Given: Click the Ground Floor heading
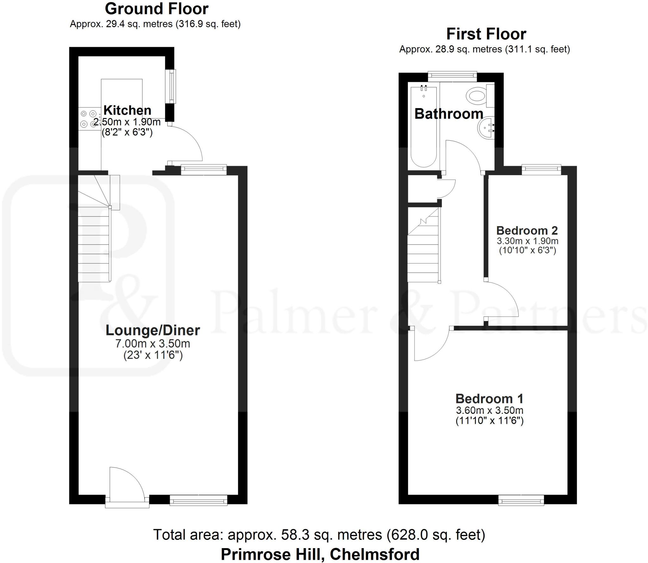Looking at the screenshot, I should pyautogui.click(x=157, y=9).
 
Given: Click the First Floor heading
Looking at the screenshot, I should pyautogui.click(x=486, y=34).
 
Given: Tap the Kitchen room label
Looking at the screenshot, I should pyautogui.click(x=128, y=110).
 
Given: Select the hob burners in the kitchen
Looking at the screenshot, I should pyautogui.click(x=88, y=119).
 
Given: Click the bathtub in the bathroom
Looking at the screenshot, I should pyautogui.click(x=424, y=127).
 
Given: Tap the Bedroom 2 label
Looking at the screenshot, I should pyautogui.click(x=527, y=230).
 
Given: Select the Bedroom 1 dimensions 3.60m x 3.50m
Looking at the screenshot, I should pyautogui.click(x=489, y=411).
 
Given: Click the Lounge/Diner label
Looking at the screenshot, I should pyautogui.click(x=153, y=330).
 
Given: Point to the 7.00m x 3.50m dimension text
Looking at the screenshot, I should pyautogui.click(x=153, y=343).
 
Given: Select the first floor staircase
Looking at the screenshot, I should pyautogui.click(x=423, y=250).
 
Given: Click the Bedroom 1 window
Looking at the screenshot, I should pyautogui.click(x=521, y=500).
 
